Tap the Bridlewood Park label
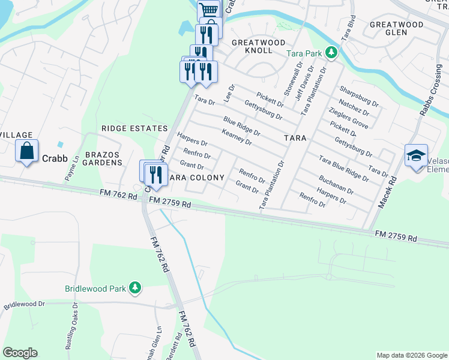pos(95,288)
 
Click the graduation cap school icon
pos(416,155)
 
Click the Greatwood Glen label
pos(396,29)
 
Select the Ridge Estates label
pos(134,128)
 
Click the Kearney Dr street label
pos(237,137)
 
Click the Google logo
pos(20,353)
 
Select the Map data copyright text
pos(411,355)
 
